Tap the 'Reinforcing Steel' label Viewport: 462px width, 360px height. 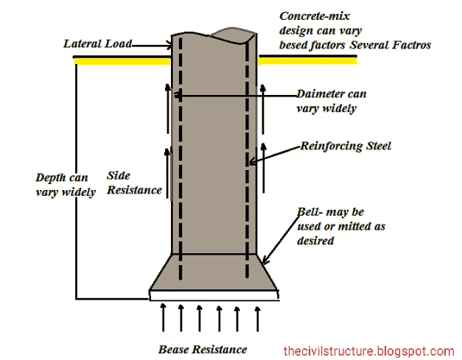click(346, 146)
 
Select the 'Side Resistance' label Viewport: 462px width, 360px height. click(134, 183)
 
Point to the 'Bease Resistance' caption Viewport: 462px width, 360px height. click(203, 348)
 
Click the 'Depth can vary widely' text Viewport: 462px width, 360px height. click(66, 185)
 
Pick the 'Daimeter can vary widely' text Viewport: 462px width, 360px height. click(332, 101)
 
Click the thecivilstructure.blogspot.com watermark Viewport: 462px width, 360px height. click(369, 351)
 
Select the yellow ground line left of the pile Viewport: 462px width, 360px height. click(122, 61)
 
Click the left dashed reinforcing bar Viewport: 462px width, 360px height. click(178, 162)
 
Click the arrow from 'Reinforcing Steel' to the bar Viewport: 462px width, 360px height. click(276, 155)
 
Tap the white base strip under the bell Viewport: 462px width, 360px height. click(214, 296)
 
